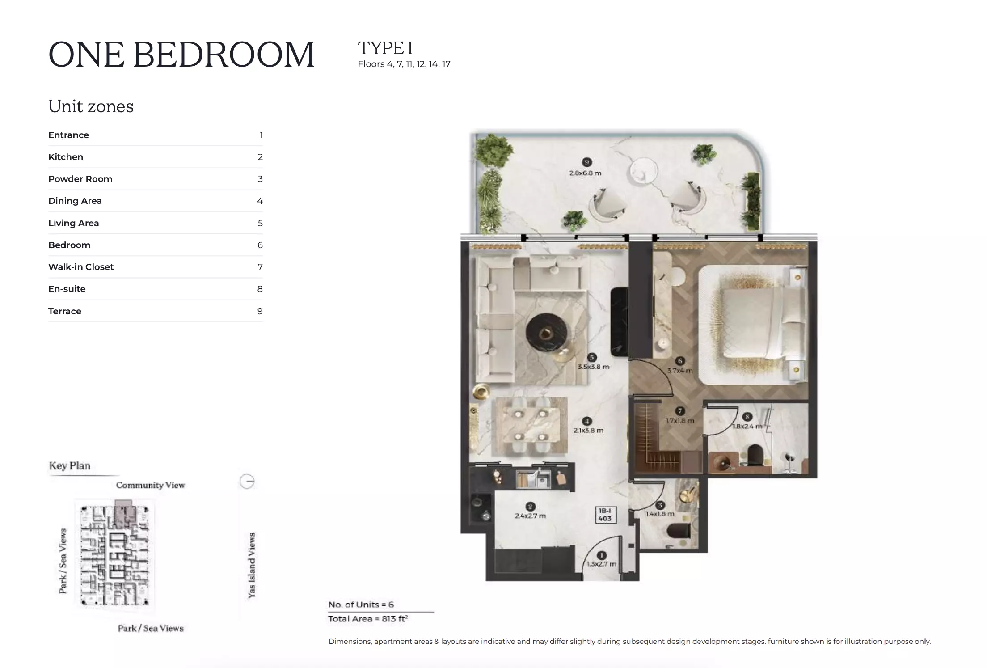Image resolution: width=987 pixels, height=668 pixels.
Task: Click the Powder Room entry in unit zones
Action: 80,179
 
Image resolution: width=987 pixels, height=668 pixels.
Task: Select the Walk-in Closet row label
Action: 81,267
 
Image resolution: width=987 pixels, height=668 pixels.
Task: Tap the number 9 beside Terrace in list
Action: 260,311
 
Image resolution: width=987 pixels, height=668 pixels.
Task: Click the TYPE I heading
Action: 385,48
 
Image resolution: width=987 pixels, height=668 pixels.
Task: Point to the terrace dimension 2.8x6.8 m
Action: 585,173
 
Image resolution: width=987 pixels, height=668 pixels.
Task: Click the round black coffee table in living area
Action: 546,334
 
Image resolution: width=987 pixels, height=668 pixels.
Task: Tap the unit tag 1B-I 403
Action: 605,515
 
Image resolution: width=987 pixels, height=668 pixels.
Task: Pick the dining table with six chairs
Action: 530,425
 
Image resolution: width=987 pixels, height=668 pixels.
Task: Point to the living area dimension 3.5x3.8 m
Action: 593,367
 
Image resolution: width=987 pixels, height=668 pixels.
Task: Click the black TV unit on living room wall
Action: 620,322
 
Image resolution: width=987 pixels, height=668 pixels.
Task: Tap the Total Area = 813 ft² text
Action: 367,619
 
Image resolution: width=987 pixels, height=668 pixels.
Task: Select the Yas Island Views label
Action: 252,565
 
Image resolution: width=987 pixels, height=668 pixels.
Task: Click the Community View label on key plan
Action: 150,485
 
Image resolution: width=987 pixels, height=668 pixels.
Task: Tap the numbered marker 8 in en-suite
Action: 747,417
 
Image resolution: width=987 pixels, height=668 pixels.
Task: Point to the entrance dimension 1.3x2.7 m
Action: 602,564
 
